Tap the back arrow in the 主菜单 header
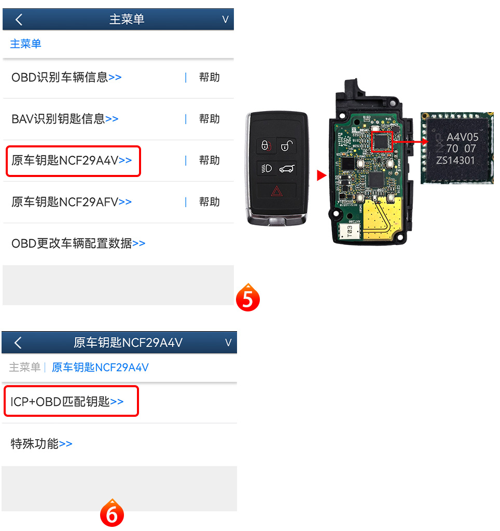coord(19,20)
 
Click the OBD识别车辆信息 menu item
coord(66,77)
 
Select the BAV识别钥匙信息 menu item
coord(65,119)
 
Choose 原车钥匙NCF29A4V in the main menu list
coord(72,160)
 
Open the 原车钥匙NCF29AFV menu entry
coord(72,202)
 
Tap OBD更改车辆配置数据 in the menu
coord(78,243)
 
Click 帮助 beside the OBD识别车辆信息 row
coord(209,77)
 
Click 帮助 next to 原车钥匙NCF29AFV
coord(209,202)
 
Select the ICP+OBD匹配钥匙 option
coord(67,402)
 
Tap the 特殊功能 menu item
coord(41,444)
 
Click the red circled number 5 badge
coord(247,298)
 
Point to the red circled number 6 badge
coord(112,513)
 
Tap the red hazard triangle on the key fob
coord(276,192)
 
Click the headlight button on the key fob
coord(267,168)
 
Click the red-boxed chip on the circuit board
coord(382,142)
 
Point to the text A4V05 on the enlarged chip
coord(463,137)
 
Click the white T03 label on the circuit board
coord(350,232)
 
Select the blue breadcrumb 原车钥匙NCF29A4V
coord(100,367)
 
